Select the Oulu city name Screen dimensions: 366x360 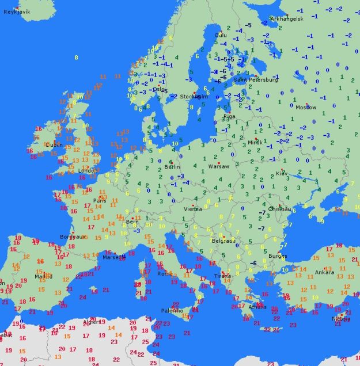pos(221,35)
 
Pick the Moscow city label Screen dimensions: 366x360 pos(306,107)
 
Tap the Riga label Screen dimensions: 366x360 pos(229,116)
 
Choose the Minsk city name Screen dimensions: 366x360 pos(255,142)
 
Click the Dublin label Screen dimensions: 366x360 pos(54,144)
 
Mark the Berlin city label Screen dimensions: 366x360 pos(172,166)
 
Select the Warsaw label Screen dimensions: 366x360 pos(218,166)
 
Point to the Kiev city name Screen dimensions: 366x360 pos(282,173)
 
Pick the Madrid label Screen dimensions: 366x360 pos(43,276)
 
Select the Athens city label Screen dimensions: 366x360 pos(257,307)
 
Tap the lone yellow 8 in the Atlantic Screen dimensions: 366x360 pos(76,58)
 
